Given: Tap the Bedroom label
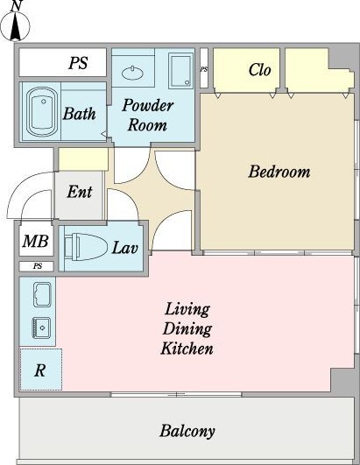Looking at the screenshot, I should click(279, 172).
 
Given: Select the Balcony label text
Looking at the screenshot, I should click(187, 431).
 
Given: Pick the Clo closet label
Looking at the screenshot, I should click(259, 70).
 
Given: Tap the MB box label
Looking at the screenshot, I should click(35, 242).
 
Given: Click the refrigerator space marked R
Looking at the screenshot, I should click(39, 370).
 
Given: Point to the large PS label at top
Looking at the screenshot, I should click(78, 64).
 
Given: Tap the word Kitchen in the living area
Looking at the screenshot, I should click(187, 349).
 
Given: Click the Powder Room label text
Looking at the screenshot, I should click(147, 115).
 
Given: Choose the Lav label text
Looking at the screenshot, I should click(124, 248).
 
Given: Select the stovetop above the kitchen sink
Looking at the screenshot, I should click(40, 292).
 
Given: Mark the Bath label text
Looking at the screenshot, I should click(81, 113).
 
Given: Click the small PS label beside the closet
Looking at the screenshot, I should click(204, 68).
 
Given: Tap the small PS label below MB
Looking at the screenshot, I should click(37, 266).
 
